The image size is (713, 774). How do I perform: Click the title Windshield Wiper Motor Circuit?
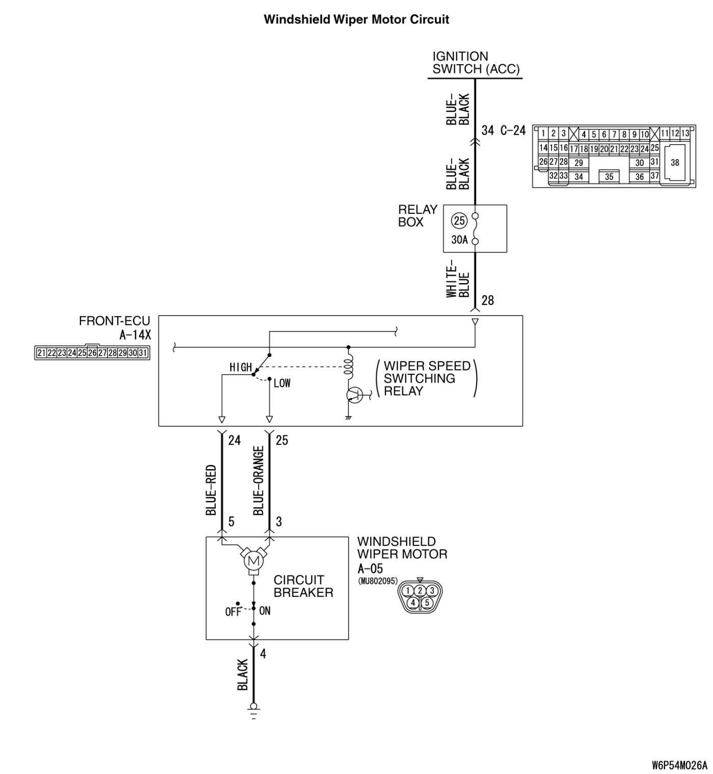tap(356, 20)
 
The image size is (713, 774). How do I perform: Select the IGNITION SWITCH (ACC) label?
tap(475, 63)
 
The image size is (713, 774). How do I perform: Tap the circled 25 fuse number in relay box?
tap(459, 221)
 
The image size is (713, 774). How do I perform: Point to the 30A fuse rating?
tap(459, 239)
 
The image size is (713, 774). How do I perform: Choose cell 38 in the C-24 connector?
tap(675, 163)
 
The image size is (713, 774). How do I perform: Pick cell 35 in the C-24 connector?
tap(609, 177)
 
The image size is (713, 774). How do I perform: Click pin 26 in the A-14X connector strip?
tap(92, 353)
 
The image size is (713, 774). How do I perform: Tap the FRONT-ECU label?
tap(115, 321)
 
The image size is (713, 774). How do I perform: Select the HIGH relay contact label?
tap(240, 367)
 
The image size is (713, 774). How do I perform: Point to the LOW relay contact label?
tap(282, 383)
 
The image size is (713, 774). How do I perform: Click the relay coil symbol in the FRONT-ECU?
tap(349, 367)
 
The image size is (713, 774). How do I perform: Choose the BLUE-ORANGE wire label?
tap(259, 481)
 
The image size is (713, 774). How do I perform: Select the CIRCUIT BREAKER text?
tap(303, 586)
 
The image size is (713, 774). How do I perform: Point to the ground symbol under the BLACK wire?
tap(253, 709)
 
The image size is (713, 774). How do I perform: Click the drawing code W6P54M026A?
tap(679, 765)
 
